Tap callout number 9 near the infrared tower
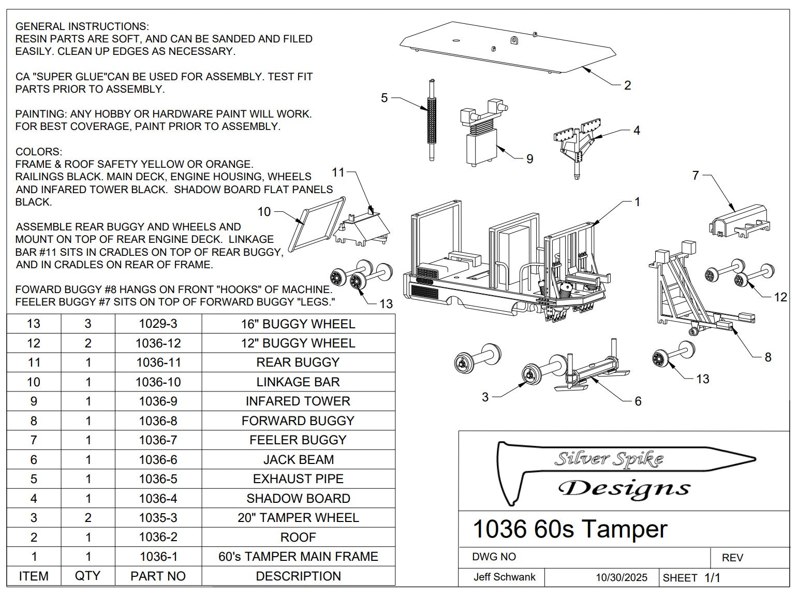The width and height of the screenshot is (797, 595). coord(529,159)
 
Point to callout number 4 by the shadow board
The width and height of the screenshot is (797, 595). coord(637,130)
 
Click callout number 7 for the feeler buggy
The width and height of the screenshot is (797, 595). coord(696,176)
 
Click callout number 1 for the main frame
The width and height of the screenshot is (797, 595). coord(637,201)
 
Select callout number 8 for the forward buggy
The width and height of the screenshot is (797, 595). coord(768,357)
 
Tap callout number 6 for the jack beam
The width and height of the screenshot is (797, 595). coord(638,401)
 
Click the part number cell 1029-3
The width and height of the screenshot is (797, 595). coord(158,324)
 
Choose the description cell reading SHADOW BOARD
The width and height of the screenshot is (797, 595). coord(298,498)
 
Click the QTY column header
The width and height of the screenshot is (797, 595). coord(87,576)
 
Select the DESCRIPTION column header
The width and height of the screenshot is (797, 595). coord(298,576)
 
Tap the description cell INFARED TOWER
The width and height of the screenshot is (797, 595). coord(298,401)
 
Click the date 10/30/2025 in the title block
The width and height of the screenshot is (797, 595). coord(621,577)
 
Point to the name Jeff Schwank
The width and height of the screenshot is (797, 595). coord(504,577)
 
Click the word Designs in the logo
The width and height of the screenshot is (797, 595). coord(624,488)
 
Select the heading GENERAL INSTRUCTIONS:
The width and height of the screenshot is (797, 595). coord(82,26)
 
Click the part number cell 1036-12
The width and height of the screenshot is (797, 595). coord(158,343)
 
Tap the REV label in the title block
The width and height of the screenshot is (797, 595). coord(732,558)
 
